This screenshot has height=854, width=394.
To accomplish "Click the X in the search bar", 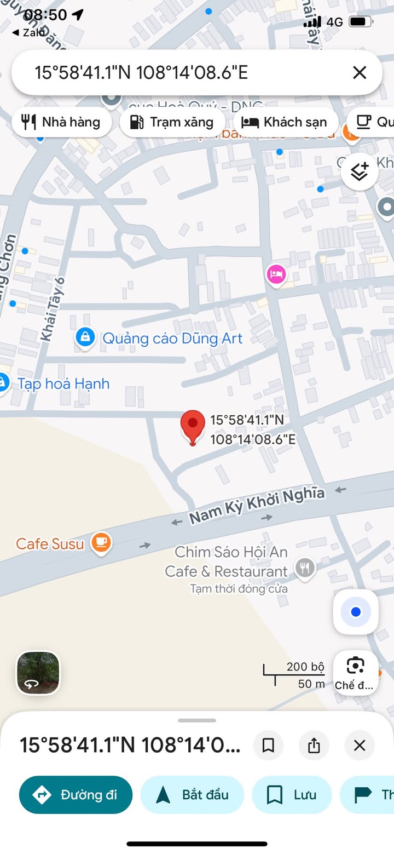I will pos(360,72).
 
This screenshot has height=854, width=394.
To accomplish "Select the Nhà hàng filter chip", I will pos(61,122).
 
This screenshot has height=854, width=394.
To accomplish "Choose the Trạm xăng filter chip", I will pos(172,122).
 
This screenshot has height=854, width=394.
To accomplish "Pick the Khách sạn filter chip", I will pos(285,122).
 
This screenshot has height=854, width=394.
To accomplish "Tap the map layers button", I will pos(360,172).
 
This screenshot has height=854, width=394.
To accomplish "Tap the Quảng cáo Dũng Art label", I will pos(172,339).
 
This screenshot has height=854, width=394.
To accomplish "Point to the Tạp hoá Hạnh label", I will pos(63,383).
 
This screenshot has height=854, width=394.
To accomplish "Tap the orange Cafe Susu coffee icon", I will pos(101,542).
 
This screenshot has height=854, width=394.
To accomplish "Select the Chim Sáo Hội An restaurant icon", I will pos(305,569).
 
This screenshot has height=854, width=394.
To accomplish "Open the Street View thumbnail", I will pos(38,673).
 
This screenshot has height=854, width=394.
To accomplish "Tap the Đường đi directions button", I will pos(76,795).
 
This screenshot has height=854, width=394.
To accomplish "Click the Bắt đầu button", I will pos(192,795).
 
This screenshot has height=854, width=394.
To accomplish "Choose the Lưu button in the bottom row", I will pos(292,795).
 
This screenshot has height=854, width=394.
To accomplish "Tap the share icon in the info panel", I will pos(314,746).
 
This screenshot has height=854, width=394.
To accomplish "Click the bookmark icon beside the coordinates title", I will pos(268,746).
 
